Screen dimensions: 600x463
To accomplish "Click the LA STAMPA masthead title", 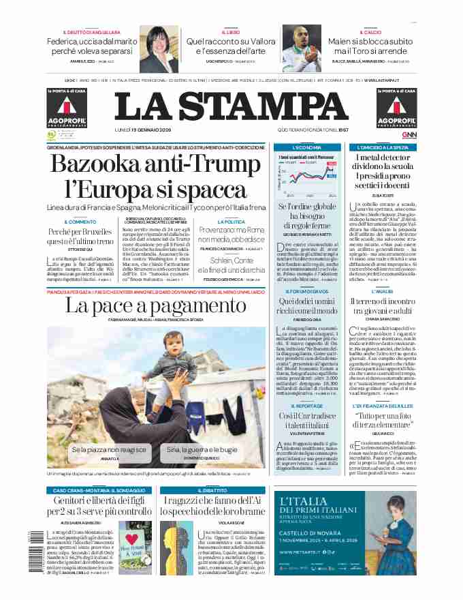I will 231,106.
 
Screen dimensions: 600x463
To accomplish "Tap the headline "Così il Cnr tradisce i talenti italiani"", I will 306,421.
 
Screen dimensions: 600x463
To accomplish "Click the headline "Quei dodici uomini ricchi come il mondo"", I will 306,306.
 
